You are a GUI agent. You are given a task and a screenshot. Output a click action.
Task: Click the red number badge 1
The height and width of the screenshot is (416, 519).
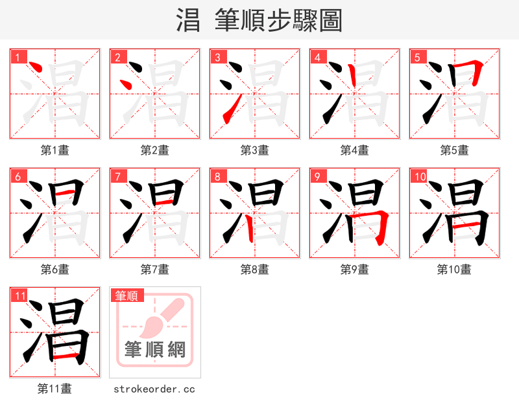pyautogui.click(x=18, y=57)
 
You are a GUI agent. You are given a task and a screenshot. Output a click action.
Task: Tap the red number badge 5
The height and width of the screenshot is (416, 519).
pyautogui.click(x=417, y=57)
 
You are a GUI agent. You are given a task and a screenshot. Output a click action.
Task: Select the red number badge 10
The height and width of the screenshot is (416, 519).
pyautogui.click(x=419, y=176)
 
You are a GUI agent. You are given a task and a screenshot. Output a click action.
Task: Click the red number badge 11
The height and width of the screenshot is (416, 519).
pyautogui.click(x=20, y=295)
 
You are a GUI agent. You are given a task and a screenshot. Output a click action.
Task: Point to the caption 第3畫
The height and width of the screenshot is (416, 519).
pyautogui.click(x=254, y=150)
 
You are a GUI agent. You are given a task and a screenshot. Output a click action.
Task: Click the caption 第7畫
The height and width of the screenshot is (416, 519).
pyautogui.click(x=154, y=270)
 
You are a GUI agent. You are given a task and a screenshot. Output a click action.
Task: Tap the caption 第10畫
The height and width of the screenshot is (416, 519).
pyautogui.click(x=454, y=270)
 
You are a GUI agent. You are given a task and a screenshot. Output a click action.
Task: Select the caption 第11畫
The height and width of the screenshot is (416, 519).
pyautogui.click(x=54, y=389)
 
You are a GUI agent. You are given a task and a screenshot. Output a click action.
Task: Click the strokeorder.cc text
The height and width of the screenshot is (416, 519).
pyautogui.click(x=154, y=389)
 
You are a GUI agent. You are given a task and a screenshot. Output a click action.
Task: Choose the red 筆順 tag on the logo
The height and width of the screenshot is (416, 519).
pyautogui.click(x=127, y=295)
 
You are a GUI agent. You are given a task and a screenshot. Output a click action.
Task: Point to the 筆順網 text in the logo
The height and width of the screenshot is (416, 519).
pyautogui.click(x=155, y=350)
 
